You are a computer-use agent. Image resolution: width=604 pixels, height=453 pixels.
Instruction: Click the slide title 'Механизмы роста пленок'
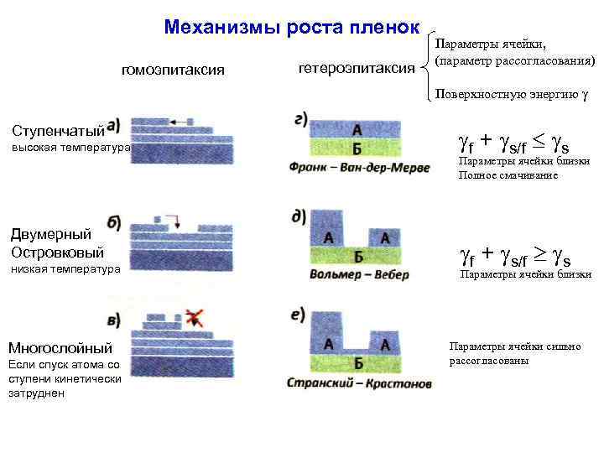click(292, 27)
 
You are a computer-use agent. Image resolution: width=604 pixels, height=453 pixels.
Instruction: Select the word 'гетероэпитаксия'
click(357, 67)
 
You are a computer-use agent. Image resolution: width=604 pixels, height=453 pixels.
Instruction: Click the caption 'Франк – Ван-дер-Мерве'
click(358, 168)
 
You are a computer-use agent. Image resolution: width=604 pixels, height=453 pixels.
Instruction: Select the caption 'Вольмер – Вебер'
click(359, 274)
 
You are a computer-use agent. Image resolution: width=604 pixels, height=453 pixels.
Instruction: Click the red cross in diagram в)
click(195, 315)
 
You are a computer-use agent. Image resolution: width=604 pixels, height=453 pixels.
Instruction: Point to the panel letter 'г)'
click(305, 118)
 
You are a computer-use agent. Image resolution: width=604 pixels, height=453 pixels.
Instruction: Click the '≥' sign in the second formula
click(538, 250)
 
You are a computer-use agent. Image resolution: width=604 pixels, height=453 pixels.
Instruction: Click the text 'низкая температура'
click(66, 269)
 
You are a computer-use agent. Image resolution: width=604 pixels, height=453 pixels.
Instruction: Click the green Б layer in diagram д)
click(358, 257)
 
